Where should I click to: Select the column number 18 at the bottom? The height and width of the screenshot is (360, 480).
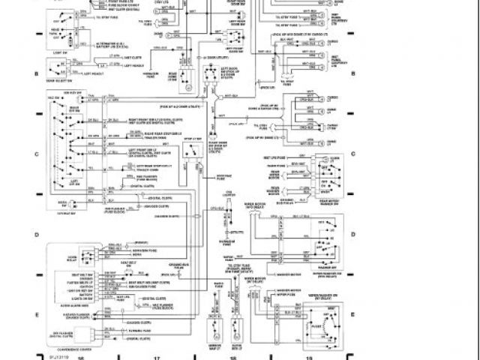[233, 358]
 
